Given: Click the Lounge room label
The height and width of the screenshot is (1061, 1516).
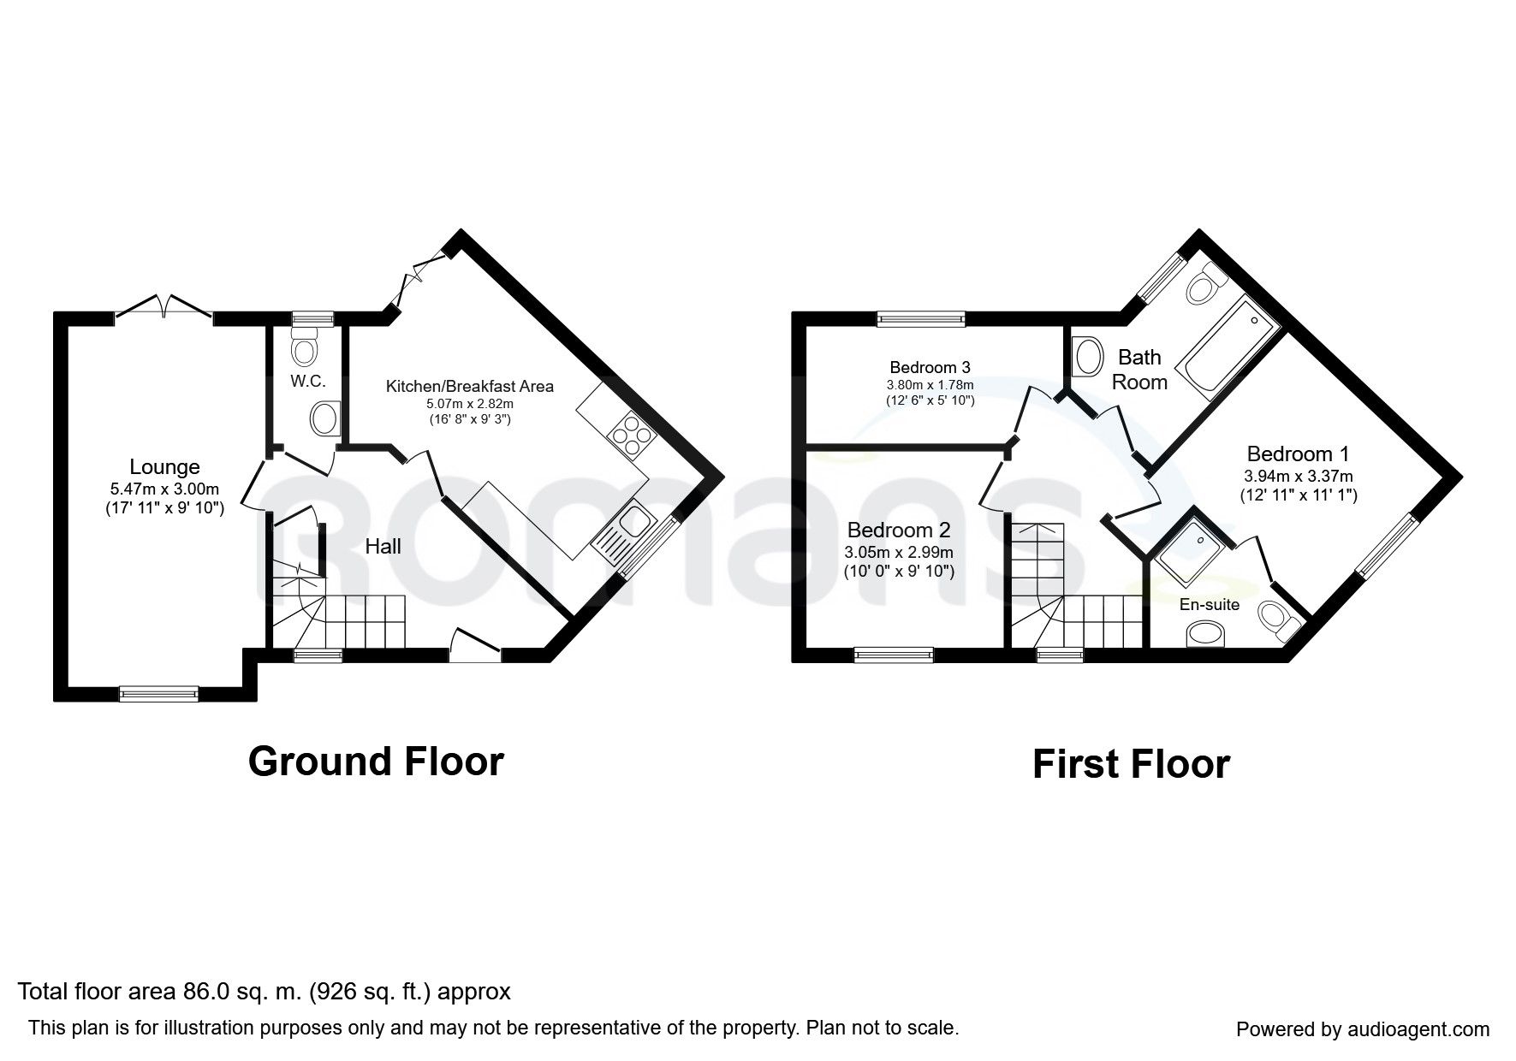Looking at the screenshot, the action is tap(164, 467).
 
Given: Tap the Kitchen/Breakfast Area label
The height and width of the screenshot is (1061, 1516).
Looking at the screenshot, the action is tap(470, 387).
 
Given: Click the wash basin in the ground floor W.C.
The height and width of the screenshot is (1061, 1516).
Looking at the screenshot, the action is tap(325, 419).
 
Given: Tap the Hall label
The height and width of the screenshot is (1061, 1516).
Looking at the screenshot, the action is tap(383, 546).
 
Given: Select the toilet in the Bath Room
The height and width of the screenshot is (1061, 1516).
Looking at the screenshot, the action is tap(1205, 282).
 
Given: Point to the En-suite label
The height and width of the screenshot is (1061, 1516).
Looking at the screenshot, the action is tap(1210, 605).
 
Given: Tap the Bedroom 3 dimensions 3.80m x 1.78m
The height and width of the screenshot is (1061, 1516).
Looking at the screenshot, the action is tap(930, 385).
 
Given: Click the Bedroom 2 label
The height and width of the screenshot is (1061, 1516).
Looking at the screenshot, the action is tap(899, 530).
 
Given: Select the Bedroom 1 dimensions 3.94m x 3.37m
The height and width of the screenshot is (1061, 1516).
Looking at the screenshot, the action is tap(1299, 476).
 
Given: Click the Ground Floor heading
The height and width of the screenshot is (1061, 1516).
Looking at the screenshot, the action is tap(376, 761).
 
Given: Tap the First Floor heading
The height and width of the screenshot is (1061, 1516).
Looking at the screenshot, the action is tap(1131, 764).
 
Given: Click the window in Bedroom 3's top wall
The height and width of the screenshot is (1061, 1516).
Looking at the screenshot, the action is tap(920, 319).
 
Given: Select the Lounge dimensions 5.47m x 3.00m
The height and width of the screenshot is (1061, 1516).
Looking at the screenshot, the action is tap(164, 489).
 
